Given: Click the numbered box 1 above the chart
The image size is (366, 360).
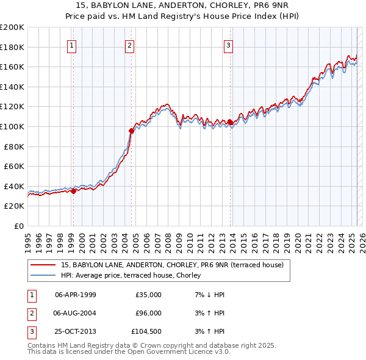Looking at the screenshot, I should click(72, 45).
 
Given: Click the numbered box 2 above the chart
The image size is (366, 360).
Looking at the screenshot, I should click(130, 45).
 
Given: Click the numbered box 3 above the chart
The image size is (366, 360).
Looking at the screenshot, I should click(228, 45).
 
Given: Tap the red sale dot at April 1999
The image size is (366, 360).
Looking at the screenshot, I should click(73, 191).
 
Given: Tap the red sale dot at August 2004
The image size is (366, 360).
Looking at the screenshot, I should click(131, 130).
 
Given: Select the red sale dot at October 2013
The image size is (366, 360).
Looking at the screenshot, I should click(230, 122).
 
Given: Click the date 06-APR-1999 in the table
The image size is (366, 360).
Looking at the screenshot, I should click(75, 295).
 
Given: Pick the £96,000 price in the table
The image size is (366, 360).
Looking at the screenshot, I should click(148, 313).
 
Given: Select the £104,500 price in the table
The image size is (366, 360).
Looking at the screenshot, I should click(146, 332).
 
